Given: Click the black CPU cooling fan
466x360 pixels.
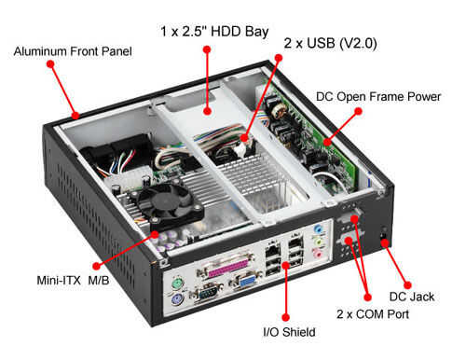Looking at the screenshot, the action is tap(169, 203).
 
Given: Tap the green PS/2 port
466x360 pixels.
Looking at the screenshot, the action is tap(178, 284).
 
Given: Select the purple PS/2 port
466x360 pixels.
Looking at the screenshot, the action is tap(177, 301).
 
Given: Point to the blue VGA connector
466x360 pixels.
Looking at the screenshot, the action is tap(247, 281).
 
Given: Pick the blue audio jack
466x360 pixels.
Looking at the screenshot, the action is tap(318, 229).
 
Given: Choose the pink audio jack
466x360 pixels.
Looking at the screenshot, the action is tap(318, 254).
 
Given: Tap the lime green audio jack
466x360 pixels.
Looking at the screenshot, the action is tap(318, 242).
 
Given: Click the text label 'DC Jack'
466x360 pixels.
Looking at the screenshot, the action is tap(412, 297).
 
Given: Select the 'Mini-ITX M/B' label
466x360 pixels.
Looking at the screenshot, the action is tap(73, 281).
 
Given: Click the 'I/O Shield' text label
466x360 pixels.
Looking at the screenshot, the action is tap(289, 332).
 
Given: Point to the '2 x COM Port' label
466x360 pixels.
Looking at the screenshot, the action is tap(373, 314).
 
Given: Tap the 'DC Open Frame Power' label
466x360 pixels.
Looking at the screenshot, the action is tap(378, 96).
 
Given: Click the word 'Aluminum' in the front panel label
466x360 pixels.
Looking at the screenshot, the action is tap(40, 51).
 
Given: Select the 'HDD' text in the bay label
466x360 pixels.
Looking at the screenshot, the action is tap(226, 32).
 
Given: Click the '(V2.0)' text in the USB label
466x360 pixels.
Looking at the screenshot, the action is tap(358, 43).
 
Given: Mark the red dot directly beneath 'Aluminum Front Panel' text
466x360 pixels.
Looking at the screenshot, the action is tap(50, 64).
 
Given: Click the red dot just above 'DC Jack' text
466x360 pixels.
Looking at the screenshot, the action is tap(407, 285).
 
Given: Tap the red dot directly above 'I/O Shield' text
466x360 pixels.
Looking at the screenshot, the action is tap(286, 317).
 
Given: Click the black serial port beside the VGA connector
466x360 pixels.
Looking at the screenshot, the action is tap(208, 292).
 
